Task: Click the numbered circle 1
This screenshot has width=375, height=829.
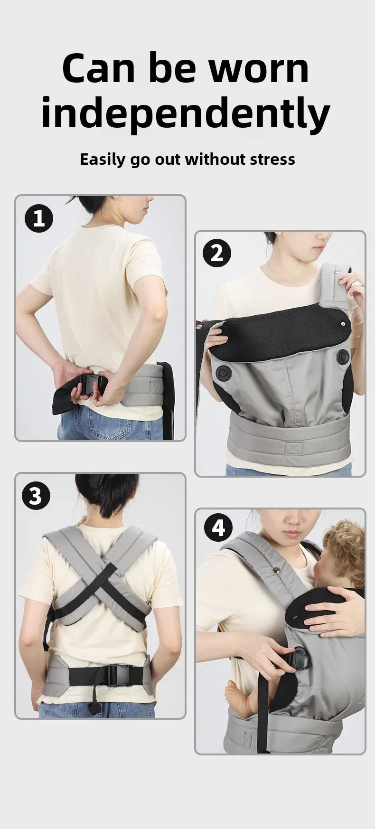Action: (39, 219)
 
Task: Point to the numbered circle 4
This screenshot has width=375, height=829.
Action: (218, 528)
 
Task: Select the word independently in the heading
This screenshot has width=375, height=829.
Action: (186, 114)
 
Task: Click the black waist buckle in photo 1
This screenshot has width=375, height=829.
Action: (93, 384)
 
